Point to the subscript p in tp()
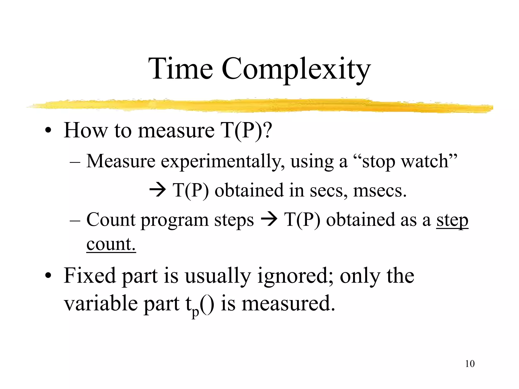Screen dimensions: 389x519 coord(195,312)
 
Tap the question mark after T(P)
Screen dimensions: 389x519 coord(266,130)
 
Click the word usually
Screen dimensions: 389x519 coord(218,276)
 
